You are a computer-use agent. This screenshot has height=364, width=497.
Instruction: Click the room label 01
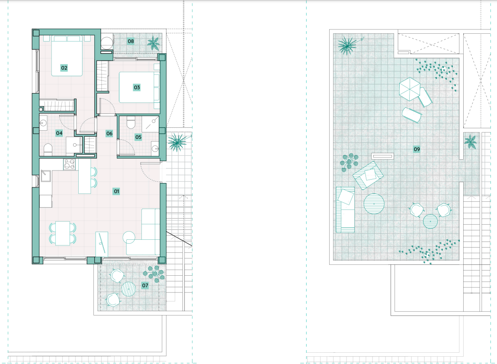(x=116, y=191)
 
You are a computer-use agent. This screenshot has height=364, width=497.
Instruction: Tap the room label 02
(x=64, y=68)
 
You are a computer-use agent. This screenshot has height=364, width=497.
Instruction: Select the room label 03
(x=137, y=87)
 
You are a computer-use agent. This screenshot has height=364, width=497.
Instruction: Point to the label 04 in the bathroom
(x=59, y=133)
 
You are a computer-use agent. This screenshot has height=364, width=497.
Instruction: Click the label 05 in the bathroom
(x=138, y=137)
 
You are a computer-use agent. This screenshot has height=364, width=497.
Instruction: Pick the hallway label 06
(x=109, y=133)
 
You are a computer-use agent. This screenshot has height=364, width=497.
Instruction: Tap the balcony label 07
(x=145, y=285)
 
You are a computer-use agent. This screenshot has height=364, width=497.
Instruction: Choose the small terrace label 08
(x=131, y=41)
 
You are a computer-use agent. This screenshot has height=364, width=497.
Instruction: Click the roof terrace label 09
(x=417, y=149)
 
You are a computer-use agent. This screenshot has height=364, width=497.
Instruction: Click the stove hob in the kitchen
(x=69, y=164)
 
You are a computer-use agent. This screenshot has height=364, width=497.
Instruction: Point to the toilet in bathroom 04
(x=48, y=150)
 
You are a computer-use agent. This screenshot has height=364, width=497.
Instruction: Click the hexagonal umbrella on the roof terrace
(x=410, y=89)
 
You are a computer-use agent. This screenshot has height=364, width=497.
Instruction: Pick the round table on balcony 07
(x=128, y=289)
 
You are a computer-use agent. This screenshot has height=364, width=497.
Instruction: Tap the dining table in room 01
(x=62, y=233)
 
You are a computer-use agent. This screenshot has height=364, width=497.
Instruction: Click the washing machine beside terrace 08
(x=107, y=43)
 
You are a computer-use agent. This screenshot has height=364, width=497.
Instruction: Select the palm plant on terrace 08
(x=154, y=43)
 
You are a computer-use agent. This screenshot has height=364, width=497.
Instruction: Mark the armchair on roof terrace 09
(x=368, y=175)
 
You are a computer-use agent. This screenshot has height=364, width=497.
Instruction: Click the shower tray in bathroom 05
(x=150, y=124)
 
